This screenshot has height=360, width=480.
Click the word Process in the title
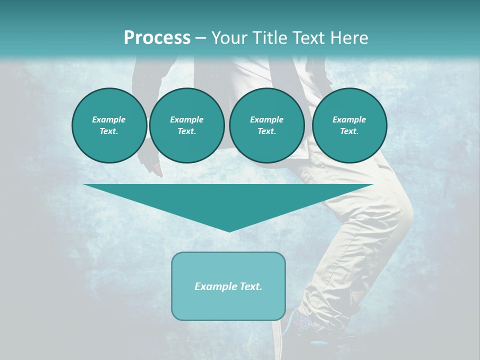(x=157, y=38)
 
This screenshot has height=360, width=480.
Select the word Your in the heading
(x=228, y=38)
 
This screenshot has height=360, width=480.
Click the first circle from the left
(x=109, y=125)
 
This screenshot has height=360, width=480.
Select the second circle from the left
(x=186, y=125)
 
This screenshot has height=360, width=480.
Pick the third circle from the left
(x=266, y=125)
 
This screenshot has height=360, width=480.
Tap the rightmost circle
(x=349, y=125)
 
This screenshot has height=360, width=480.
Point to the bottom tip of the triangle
(x=228, y=231)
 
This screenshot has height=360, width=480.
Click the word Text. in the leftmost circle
(x=109, y=131)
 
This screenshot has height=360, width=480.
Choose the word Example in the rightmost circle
(x=349, y=119)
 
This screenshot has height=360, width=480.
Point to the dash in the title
(x=200, y=38)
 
